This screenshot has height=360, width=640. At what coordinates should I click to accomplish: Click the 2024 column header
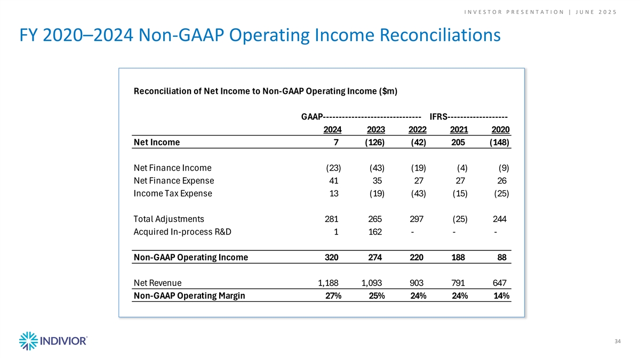point(332,130)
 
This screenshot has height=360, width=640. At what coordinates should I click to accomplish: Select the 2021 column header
point(459,130)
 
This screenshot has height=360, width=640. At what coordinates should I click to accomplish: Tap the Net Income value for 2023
point(374,142)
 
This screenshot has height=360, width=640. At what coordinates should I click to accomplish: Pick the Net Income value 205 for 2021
point(458,142)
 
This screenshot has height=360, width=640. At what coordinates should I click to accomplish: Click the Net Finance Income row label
point(173,167)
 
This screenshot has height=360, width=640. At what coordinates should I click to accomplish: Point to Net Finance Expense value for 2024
point(334,181)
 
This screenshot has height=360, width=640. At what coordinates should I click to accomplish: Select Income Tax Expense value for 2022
point(419,194)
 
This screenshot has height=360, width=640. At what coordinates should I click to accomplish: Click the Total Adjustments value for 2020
point(499,219)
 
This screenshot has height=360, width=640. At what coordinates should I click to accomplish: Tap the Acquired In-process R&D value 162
point(375,231)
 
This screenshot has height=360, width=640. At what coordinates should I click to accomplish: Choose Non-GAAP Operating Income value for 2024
point(331,258)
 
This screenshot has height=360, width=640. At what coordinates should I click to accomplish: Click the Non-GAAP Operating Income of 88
point(502,258)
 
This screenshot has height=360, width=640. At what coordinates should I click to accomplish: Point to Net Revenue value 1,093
point(372,283)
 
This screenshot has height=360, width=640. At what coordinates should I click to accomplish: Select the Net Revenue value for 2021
point(458,283)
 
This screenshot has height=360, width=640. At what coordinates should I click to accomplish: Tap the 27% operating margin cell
point(333,295)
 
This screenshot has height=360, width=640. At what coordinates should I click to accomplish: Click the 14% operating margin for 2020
point(501,295)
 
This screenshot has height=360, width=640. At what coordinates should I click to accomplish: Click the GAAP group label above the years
point(312,117)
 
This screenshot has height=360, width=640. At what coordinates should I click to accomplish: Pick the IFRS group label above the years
point(438,117)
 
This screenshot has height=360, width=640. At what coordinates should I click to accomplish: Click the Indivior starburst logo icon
point(29,341)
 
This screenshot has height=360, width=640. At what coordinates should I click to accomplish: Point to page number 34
point(618,341)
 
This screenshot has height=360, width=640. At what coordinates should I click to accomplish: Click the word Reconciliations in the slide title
point(440,35)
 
